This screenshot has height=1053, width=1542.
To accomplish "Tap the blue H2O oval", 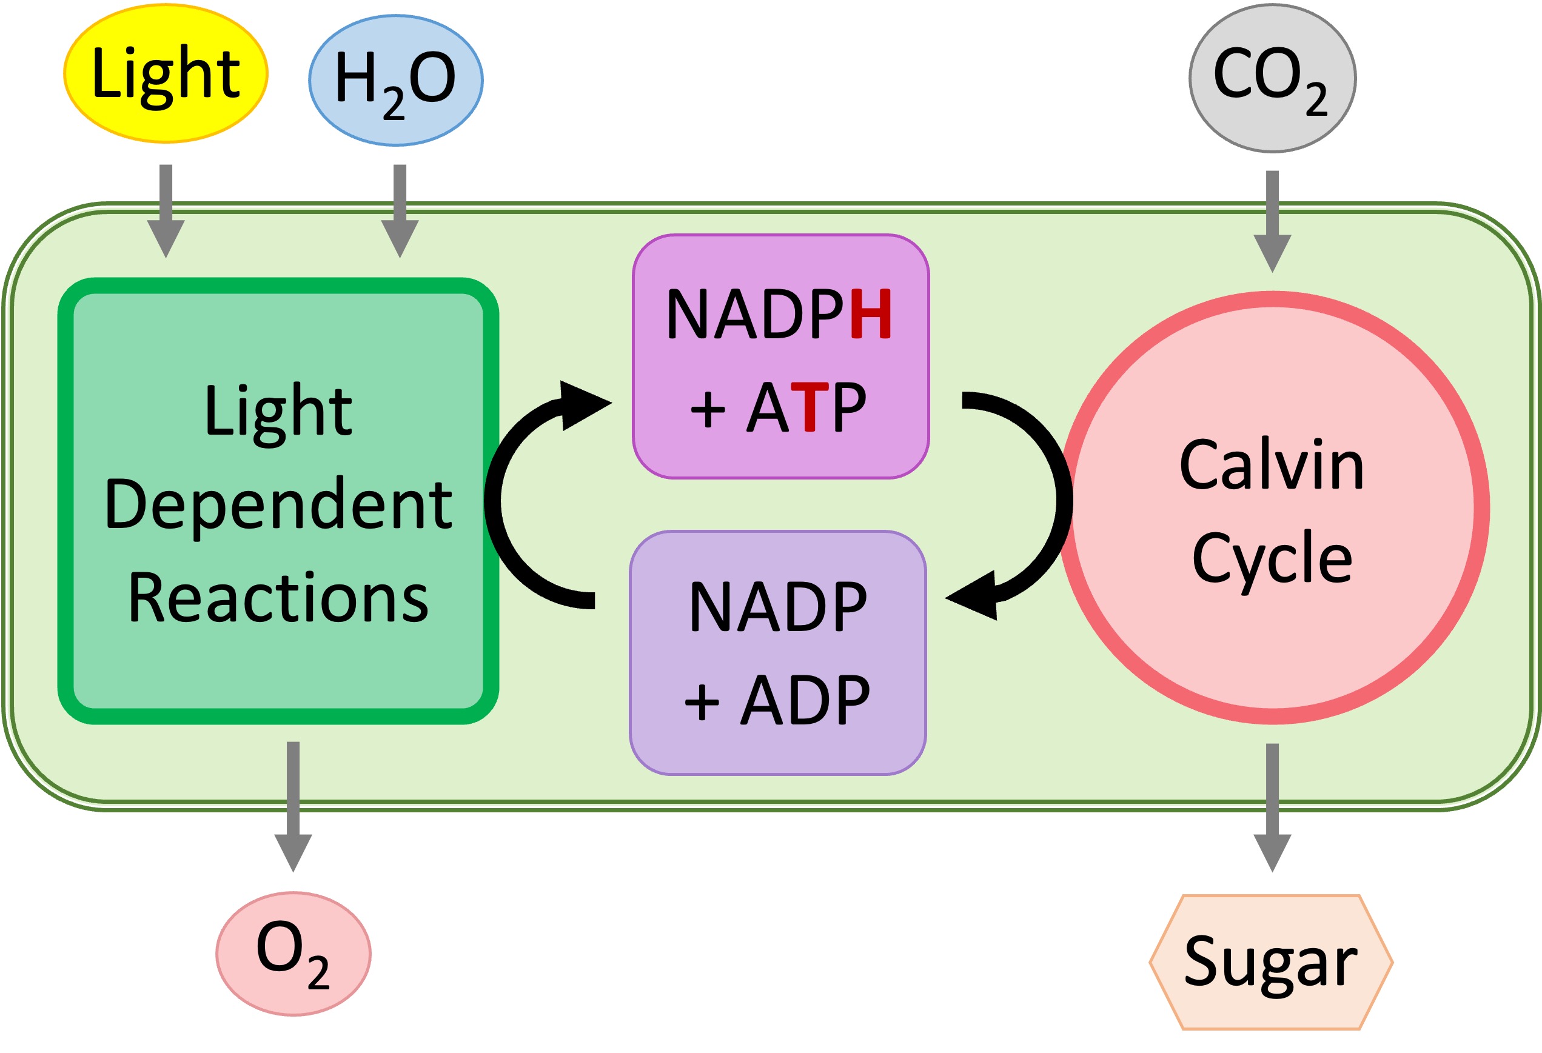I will (395, 80).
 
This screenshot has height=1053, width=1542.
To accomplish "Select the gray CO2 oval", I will (1272, 78).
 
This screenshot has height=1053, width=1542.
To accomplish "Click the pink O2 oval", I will (293, 954).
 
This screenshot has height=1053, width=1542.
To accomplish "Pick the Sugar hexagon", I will (1270, 962).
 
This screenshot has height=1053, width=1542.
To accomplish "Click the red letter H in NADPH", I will (871, 314).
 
